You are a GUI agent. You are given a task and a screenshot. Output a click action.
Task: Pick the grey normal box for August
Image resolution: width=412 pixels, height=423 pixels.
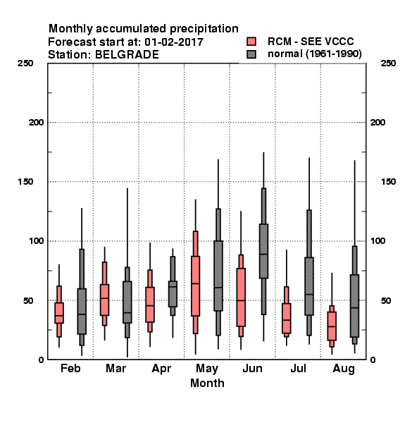(355, 306)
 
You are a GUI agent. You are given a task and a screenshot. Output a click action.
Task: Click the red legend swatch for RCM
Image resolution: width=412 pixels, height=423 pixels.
(251, 42)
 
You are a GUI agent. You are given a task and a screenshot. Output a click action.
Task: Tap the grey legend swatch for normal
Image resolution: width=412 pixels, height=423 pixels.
(251, 54)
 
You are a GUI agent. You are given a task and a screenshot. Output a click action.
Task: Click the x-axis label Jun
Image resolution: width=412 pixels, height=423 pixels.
(252, 369)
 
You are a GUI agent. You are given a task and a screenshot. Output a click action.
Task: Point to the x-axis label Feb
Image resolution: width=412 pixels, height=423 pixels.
(70, 368)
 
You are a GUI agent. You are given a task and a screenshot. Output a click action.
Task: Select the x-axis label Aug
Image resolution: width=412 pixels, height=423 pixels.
(344, 369)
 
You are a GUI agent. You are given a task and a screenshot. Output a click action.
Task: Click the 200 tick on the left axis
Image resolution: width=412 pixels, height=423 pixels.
(36, 123)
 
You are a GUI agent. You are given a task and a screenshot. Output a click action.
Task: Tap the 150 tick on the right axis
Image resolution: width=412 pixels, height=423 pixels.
(389, 182)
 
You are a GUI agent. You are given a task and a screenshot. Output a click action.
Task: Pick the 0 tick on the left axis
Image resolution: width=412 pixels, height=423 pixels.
(41, 360)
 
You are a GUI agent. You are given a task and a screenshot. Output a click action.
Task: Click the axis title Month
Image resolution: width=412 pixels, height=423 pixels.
(207, 383)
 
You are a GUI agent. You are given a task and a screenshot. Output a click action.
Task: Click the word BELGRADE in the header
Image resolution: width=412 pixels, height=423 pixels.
(127, 55)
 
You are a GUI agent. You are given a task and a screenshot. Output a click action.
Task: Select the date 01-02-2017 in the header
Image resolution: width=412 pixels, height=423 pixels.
(174, 42)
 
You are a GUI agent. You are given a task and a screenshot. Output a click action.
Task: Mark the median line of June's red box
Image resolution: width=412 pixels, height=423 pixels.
(241, 300)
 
